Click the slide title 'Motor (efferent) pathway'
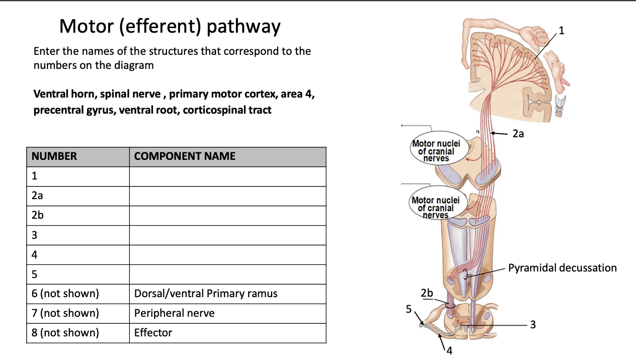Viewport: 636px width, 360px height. coord(170,26)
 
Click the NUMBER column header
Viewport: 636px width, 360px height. coord(54,156)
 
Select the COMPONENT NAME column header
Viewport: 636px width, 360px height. coord(185,156)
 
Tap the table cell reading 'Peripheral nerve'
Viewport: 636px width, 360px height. coord(174,313)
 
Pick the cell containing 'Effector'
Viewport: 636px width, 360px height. coord(153,333)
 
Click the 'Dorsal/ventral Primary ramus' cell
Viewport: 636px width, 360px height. coord(205,294)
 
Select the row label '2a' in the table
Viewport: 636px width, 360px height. coord(37,196)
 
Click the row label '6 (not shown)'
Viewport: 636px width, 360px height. coord(65,294)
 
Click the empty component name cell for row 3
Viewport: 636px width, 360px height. coord(227,235)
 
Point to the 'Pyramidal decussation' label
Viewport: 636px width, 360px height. coord(562,267)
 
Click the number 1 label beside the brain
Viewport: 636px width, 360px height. coord(562,30)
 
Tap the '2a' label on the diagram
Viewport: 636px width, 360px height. coord(518,134)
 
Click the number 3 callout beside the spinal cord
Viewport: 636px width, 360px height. coord(533,325)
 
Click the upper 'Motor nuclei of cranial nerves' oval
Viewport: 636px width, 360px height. coord(436,151)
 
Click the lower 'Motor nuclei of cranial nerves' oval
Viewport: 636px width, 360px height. coord(435,207)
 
